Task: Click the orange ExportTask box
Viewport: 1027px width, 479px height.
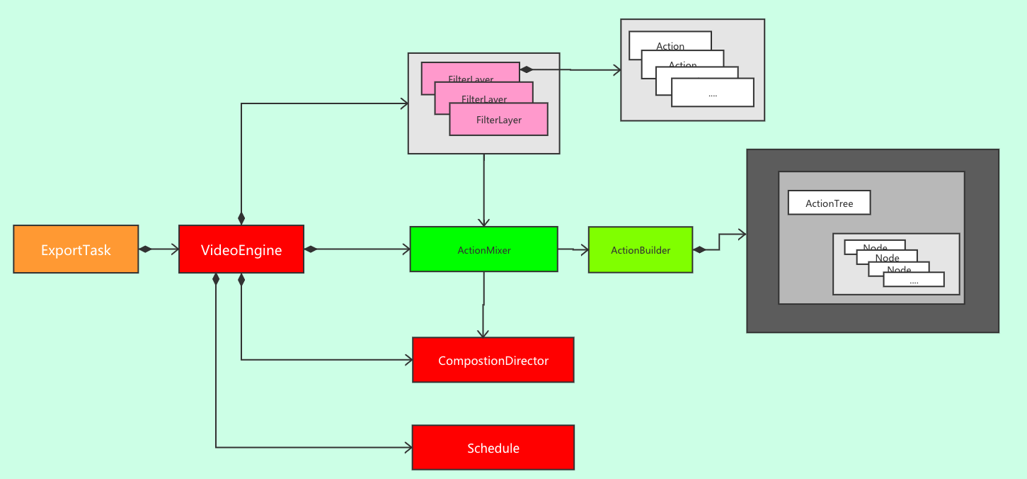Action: click(76, 249)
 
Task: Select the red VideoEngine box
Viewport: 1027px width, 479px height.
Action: click(241, 249)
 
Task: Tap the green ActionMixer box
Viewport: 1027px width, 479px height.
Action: click(483, 249)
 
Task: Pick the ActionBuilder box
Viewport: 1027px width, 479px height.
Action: click(640, 249)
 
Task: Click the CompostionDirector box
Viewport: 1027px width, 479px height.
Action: click(493, 361)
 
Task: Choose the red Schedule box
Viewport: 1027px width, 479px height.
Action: click(493, 448)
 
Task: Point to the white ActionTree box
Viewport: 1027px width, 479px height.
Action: click(829, 203)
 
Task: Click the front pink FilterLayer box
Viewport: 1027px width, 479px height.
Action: click(498, 120)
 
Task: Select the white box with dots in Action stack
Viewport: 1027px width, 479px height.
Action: click(712, 94)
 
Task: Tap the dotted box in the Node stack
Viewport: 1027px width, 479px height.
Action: click(913, 281)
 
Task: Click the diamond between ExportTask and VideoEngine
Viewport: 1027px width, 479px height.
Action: click(146, 249)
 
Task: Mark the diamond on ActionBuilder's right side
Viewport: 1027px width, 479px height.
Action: click(699, 249)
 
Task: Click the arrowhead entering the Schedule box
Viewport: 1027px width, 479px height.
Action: click(408, 447)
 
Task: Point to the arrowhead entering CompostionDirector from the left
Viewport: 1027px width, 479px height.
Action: click(408, 360)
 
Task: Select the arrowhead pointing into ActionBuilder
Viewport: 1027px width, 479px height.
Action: click(584, 249)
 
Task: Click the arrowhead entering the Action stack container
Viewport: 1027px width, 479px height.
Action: click(616, 70)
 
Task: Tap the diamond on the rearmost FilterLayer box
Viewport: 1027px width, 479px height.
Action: click(526, 69)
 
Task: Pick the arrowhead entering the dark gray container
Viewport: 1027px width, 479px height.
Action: click(742, 234)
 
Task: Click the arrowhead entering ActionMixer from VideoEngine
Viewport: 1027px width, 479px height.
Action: click(406, 249)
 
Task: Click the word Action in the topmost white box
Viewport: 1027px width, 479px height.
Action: click(670, 47)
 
